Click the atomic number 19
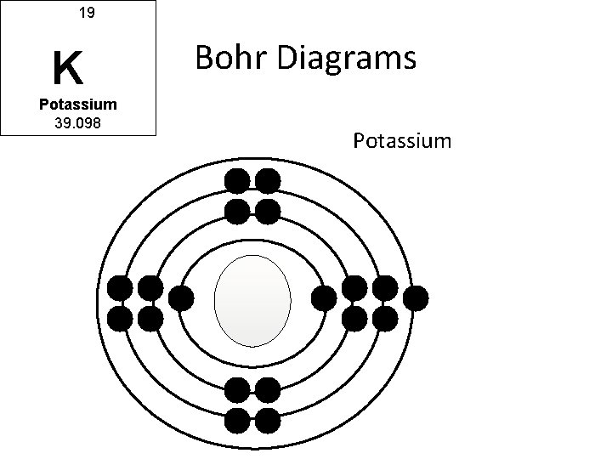coord(86,14)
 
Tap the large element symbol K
coord(67,68)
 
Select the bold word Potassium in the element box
coord(77,105)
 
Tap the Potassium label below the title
coord(402,140)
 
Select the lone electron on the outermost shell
coord(416,298)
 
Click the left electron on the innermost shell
coord(180,298)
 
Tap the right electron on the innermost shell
coord(324,298)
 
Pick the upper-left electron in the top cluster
coord(237,180)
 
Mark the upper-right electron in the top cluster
coord(268,180)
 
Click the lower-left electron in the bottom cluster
coord(237,419)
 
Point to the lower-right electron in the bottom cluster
coord(268,419)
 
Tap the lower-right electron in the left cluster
coord(150,319)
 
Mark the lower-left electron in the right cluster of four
coord(355,319)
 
